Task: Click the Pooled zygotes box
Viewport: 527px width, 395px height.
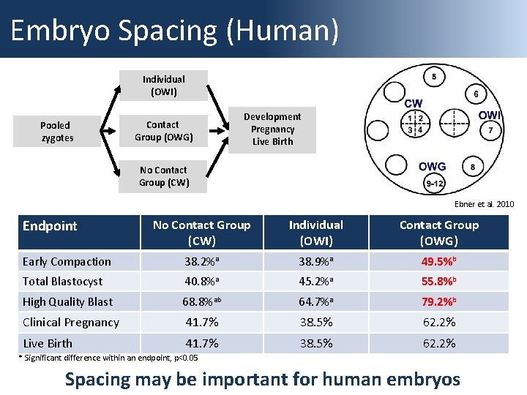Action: click(57, 132)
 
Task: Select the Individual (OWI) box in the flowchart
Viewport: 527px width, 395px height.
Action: click(163, 86)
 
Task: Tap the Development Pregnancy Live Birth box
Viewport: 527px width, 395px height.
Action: click(272, 129)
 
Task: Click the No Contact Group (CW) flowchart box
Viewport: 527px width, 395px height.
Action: click(163, 176)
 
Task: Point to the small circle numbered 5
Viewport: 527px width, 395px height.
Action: click(434, 77)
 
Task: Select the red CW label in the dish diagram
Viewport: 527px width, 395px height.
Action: click(413, 104)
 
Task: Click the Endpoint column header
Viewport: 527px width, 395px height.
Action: click(50, 226)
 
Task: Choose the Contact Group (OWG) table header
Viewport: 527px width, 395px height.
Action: click(439, 233)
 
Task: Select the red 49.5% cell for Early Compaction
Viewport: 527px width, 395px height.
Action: click(439, 262)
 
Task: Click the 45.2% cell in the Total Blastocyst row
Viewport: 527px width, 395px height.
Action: click(316, 282)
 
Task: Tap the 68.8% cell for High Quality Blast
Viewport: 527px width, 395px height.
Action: click(201, 301)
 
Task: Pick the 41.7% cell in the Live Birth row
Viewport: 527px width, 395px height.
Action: click(201, 343)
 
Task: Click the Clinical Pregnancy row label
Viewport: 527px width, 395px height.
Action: click(71, 323)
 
